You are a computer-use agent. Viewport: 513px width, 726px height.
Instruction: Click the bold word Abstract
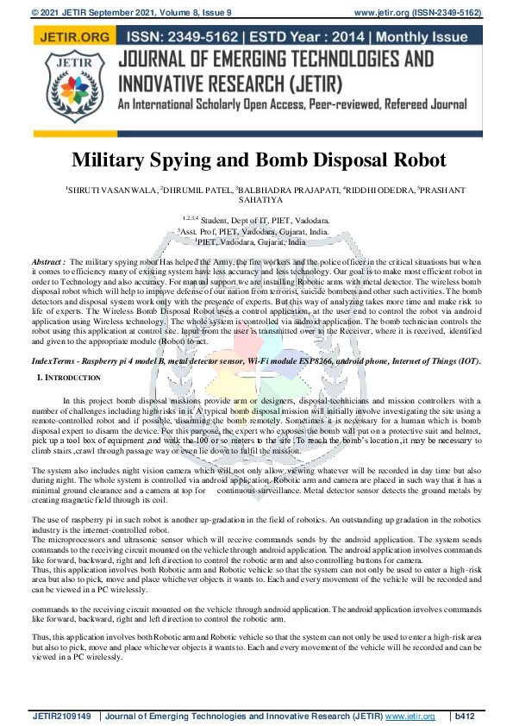point(48,261)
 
